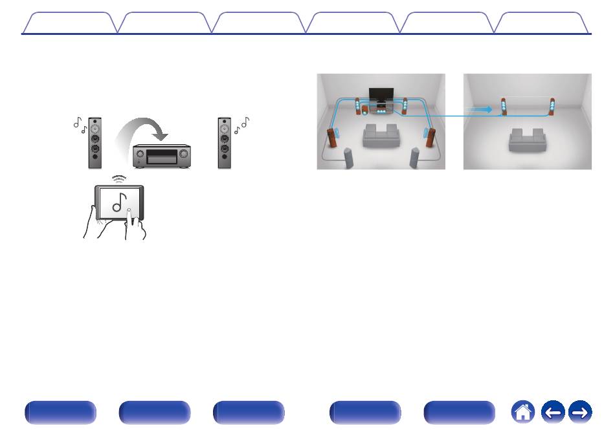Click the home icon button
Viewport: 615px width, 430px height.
[522, 411]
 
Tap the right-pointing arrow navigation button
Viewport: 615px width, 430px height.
[581, 411]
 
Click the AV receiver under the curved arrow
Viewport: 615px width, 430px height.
[161, 155]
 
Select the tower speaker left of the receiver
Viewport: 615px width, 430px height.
[95, 142]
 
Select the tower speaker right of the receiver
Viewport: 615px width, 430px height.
[225, 142]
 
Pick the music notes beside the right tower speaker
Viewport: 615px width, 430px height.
[241, 125]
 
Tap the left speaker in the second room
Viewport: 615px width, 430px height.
[503, 107]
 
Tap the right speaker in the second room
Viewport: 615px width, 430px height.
[552, 107]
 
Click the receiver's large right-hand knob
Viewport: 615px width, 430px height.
[183, 154]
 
